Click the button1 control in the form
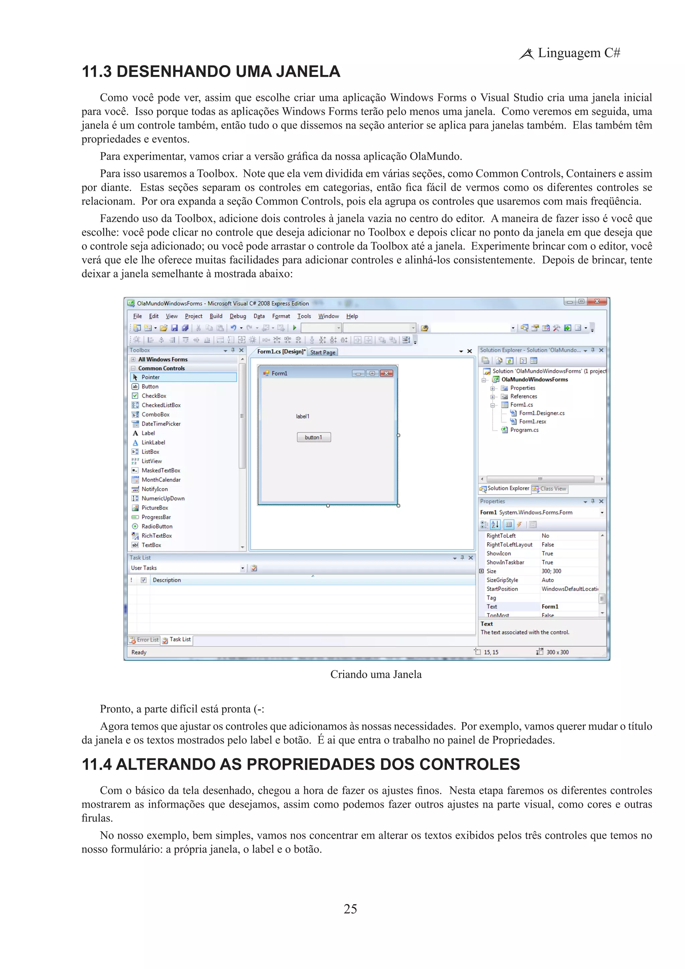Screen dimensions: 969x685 pyautogui.click(x=313, y=437)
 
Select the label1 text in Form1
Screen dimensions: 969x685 pyautogui.click(x=302, y=416)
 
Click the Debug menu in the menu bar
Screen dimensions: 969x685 pyautogui.click(x=237, y=316)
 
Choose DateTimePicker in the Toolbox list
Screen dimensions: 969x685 pyautogui.click(x=161, y=424)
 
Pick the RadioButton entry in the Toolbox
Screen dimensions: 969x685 pyautogui.click(x=157, y=526)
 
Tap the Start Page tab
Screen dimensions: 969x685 pyautogui.click(x=323, y=352)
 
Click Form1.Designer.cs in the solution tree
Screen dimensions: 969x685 pyautogui.click(x=541, y=413)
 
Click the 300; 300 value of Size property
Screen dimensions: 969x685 pyautogui.click(x=551, y=571)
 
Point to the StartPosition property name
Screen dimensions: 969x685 pyautogui.click(x=502, y=589)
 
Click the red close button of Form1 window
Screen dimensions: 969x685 pyautogui.click(x=386, y=373)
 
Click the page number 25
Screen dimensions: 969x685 pyautogui.click(x=350, y=909)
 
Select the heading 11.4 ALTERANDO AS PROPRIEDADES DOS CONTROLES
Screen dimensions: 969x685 pyautogui.click(x=300, y=764)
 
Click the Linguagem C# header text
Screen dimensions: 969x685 pyautogui.click(x=578, y=53)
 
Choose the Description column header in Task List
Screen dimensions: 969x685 pyautogui.click(x=167, y=580)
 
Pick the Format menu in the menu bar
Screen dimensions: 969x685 pyautogui.click(x=281, y=316)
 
